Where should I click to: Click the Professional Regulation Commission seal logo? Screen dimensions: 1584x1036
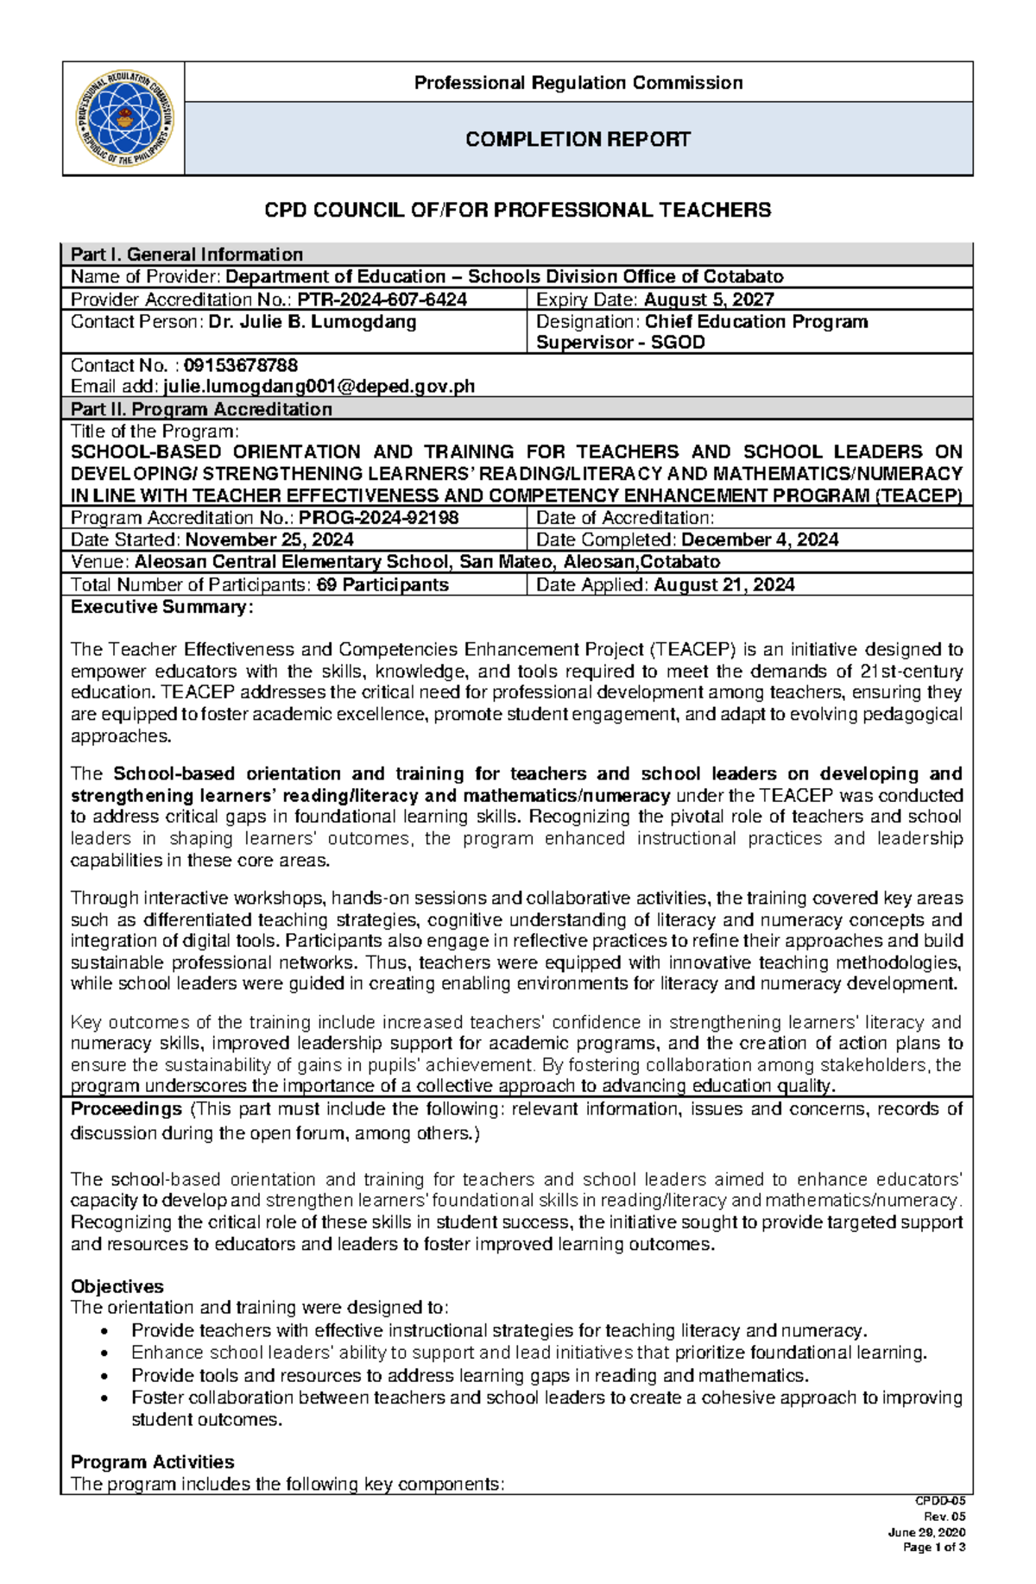click(x=124, y=119)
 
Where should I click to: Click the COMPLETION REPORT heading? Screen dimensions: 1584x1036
click(x=578, y=140)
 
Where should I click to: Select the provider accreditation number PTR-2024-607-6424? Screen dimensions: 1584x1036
click(x=382, y=300)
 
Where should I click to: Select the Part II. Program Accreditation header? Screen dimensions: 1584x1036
click(x=201, y=409)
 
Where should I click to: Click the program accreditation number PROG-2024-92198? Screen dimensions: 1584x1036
click(x=378, y=518)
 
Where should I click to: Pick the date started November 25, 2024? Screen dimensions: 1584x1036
click(x=268, y=540)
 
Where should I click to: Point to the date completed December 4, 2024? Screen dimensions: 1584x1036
click(x=759, y=540)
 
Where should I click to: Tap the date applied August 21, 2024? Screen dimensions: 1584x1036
click(x=723, y=585)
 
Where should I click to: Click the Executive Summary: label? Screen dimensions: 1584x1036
click(x=161, y=608)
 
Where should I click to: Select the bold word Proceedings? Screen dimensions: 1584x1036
click(x=126, y=1109)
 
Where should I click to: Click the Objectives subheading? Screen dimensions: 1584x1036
click(x=117, y=1286)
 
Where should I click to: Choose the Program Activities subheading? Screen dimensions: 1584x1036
click(x=152, y=1462)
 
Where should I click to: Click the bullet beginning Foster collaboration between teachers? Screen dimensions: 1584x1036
click(x=546, y=1398)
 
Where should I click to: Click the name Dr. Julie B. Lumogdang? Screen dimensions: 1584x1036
click(x=312, y=322)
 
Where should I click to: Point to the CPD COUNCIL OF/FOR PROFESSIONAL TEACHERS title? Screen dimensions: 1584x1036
click(x=517, y=211)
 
